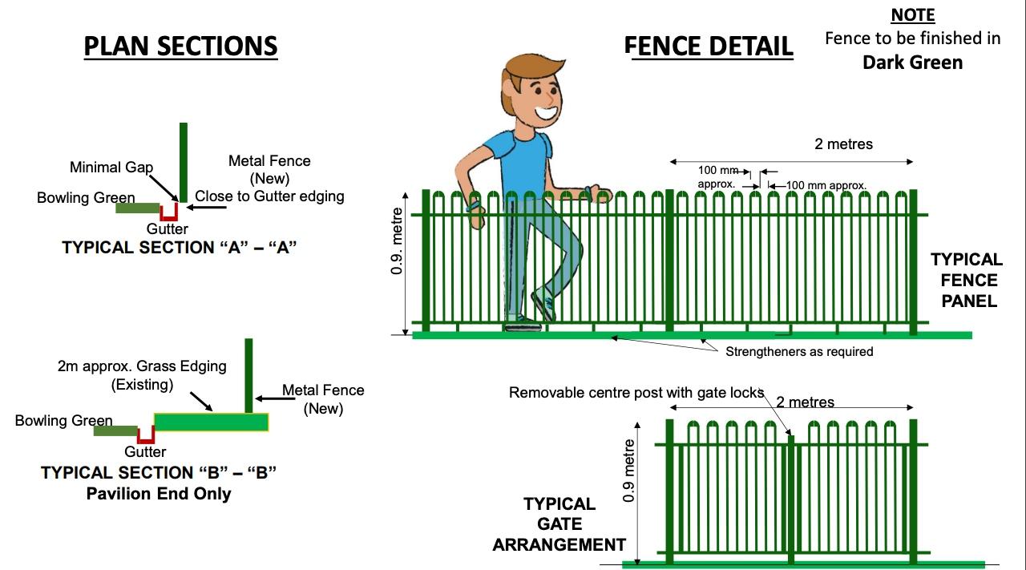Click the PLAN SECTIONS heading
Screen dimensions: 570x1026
pos(180,46)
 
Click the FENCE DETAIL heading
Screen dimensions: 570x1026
pos(709,46)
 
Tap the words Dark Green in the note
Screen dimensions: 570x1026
pos(912,62)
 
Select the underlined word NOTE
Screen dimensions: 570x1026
pos(912,15)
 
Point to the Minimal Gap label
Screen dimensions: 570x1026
pos(111,168)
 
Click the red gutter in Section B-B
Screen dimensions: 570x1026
pos(145,436)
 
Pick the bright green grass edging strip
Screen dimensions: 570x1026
pos(211,422)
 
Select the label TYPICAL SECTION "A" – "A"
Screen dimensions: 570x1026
pos(180,247)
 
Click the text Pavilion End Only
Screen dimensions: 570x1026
pos(159,494)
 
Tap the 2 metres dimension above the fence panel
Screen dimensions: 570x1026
pos(843,144)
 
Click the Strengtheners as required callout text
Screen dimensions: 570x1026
pos(799,351)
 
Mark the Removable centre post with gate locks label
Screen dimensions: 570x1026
pos(636,393)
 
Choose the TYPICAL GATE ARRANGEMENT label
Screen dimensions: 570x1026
pos(559,524)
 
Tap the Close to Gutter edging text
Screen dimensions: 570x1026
pos(269,196)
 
